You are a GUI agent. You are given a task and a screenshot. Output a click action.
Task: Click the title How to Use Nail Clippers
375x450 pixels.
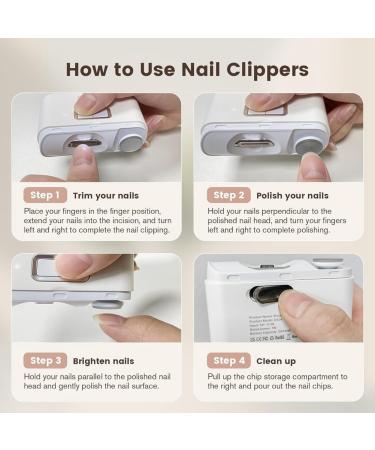click(187, 70)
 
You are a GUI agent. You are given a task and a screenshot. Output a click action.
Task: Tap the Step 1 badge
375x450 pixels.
click(45, 195)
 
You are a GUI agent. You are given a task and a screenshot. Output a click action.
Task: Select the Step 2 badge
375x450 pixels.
click(228, 195)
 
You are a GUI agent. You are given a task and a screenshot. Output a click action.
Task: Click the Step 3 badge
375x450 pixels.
click(45, 360)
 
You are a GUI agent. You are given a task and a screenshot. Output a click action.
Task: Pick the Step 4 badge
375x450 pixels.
click(228, 360)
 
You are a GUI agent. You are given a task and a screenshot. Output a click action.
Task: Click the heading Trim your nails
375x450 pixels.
click(106, 195)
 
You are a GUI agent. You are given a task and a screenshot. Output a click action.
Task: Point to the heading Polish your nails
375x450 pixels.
click(292, 195)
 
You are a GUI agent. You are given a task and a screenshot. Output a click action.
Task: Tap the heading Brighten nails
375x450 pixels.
click(104, 360)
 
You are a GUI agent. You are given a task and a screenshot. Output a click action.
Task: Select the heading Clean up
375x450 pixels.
click(279, 360)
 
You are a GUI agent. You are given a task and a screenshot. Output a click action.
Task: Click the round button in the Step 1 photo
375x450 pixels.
click(130, 139)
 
